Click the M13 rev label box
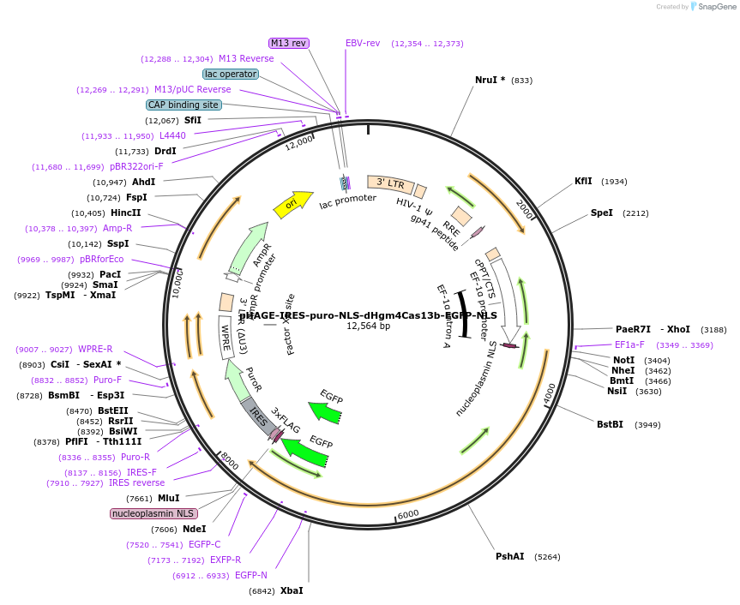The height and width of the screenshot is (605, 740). coord(289,43)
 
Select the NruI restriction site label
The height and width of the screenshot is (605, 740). coord(490,80)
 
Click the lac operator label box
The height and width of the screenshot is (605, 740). coord(231,74)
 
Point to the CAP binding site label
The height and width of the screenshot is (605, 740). coord(183,105)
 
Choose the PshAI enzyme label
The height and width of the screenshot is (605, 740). coord(509,556)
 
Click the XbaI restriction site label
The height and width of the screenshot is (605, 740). coord(292,590)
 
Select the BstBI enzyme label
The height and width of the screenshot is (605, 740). coord(611,424)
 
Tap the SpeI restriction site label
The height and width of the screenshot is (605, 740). coord(602,213)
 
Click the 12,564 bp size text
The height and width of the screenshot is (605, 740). coord(368,326)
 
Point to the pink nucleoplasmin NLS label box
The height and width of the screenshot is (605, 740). coord(153,513)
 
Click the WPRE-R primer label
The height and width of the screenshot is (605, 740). coord(95,349)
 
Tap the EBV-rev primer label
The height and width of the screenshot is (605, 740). coord(363,43)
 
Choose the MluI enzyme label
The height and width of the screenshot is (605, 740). coord(168,498)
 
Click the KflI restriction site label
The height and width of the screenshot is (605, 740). coord(583,181)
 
